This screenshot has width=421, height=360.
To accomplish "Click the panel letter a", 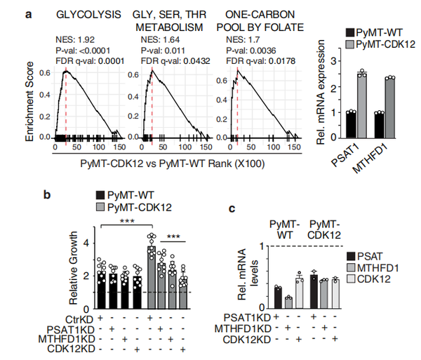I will coord(28,13).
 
